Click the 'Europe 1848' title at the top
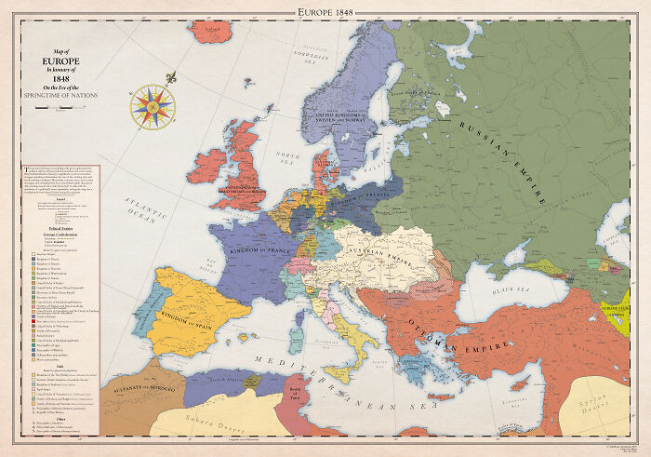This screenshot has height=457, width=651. [x=325, y=10]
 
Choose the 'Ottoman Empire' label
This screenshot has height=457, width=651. [x=460, y=334]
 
